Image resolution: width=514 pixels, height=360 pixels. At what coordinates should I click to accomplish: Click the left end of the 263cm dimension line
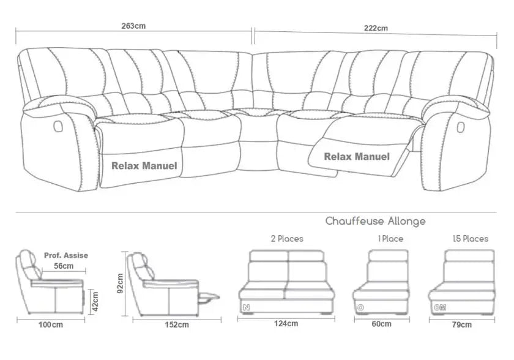click(16, 31)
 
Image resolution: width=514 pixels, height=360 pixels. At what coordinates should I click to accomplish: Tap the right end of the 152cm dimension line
click(222, 320)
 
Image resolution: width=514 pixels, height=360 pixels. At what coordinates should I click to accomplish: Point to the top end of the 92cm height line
click(124, 252)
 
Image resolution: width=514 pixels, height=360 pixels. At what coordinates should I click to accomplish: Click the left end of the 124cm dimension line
click(237, 318)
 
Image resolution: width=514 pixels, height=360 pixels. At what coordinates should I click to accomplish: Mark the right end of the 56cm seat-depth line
click(86, 271)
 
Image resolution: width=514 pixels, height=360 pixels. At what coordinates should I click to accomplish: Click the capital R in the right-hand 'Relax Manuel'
click(327, 157)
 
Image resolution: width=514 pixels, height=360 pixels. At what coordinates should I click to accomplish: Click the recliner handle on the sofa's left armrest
click(58, 126)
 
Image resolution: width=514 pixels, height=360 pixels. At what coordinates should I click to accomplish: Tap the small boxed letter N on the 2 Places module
click(246, 307)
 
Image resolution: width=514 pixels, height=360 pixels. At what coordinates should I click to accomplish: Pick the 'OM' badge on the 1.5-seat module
click(439, 307)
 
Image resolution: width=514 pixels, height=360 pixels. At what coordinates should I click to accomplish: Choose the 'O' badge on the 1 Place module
click(360, 307)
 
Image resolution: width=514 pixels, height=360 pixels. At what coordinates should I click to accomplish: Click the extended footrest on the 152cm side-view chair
click(209, 297)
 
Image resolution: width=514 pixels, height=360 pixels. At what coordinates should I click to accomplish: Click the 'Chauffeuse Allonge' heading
click(375, 221)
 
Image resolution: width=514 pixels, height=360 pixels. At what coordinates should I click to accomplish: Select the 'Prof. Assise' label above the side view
click(66, 255)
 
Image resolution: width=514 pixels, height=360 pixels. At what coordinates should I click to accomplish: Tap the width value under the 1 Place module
click(381, 324)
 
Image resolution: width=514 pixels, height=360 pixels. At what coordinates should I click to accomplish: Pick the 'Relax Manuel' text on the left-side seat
click(144, 165)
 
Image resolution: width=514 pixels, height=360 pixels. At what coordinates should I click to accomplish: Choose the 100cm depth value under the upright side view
click(51, 324)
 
